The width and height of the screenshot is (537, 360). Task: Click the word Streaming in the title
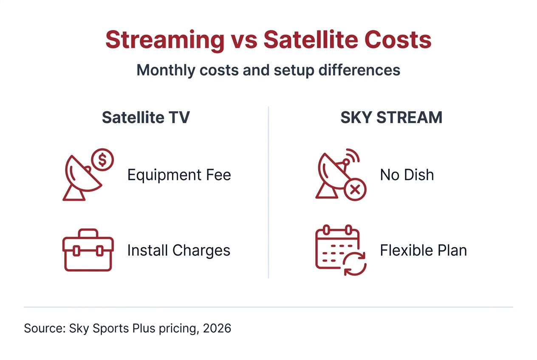pos(165,40)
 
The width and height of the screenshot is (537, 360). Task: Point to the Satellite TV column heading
pos(145,118)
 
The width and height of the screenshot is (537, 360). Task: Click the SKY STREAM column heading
pos(391,118)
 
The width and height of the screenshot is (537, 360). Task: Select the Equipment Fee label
pos(179,175)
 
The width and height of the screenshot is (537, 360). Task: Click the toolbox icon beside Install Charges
pos(88,250)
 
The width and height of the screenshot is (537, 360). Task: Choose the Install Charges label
pos(178,250)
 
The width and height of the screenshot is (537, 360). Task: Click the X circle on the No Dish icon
pos(355,189)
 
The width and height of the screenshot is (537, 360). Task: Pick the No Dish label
pos(407,175)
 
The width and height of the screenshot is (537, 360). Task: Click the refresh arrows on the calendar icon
pos(355,263)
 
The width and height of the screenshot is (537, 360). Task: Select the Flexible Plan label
pos(423,250)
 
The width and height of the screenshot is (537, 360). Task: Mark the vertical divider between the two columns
pos(268,191)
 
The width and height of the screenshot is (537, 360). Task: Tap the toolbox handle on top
pos(88,233)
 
